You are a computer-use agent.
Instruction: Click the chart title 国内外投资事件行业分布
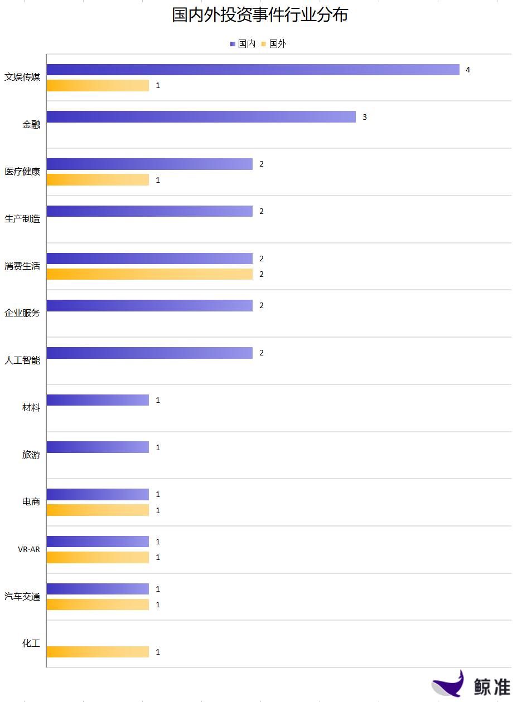pos(260,15)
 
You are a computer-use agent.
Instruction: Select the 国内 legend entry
pos(243,43)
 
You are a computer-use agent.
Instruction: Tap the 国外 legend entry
pos(274,43)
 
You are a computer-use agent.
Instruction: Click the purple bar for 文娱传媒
pos(253,70)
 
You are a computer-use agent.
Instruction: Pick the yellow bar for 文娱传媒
pos(98,85)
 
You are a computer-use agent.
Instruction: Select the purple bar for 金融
pos(201,117)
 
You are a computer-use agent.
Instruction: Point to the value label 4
pos(468,70)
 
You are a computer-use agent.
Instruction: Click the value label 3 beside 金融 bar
pos(365,117)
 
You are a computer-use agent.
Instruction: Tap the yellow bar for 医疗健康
pos(98,180)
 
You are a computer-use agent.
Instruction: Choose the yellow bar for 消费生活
pos(149,274)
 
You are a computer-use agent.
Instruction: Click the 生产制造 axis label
pos(22,219)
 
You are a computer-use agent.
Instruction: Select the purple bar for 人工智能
pos(149,353)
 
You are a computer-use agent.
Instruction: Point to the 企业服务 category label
pos(22,313)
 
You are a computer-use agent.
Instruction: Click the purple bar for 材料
pos(98,400)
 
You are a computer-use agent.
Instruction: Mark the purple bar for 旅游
pos(98,447)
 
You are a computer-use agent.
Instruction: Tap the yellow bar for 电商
pos(98,510)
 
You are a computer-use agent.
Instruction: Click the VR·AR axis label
pos(29,549)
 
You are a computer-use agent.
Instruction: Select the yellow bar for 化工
pos(98,652)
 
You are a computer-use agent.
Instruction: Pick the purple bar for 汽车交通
pos(98,589)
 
